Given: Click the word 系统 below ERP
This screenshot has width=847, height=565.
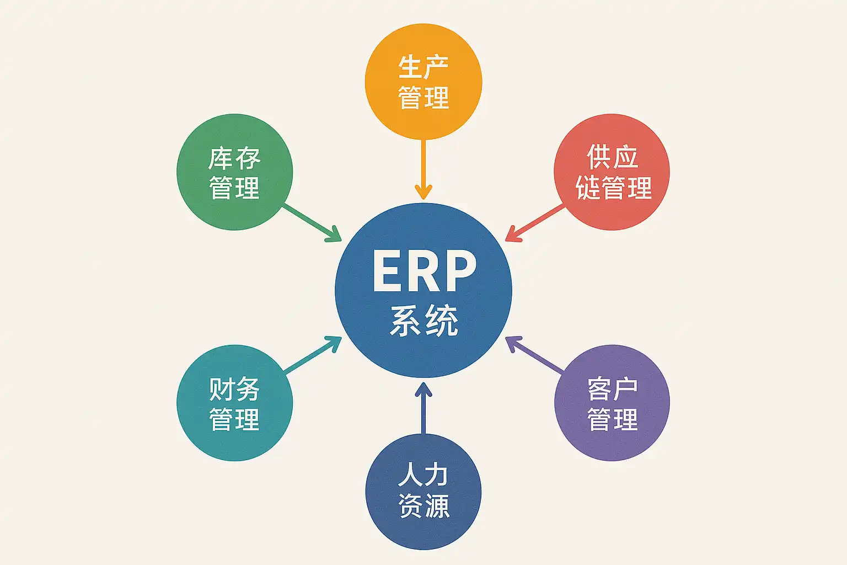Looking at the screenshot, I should point(423,320).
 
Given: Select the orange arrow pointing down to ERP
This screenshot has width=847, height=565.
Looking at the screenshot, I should point(423,168).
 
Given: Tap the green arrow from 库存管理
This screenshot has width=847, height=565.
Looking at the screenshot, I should point(312,223).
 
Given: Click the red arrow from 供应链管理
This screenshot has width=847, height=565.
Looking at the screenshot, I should point(535,223).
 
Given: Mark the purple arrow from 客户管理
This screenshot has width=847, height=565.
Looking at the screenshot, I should point(534,355).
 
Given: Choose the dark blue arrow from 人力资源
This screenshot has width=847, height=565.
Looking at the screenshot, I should point(423,408).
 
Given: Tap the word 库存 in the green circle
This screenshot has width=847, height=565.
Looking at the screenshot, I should point(234,159).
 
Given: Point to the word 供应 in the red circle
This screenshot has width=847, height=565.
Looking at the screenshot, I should point(612,157).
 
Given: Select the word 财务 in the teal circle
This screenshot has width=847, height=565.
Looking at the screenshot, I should point(234,390).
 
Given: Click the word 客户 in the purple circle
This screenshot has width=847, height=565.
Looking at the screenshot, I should point(612,390).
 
